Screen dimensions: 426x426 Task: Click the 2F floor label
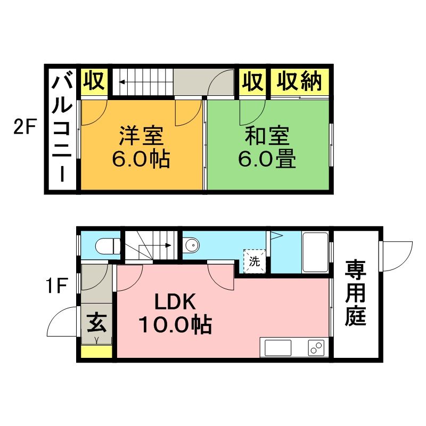pos(25,128)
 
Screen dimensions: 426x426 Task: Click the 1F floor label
pos(55,288)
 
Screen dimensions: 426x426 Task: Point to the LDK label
pos(176,302)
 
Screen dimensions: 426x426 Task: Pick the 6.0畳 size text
pos(267,159)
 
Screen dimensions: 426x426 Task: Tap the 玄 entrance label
pos(96,323)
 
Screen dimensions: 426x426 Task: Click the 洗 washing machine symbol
pos(255,261)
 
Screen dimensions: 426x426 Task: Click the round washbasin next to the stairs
pos(192,246)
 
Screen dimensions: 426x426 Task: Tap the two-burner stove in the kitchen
pos(316,348)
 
